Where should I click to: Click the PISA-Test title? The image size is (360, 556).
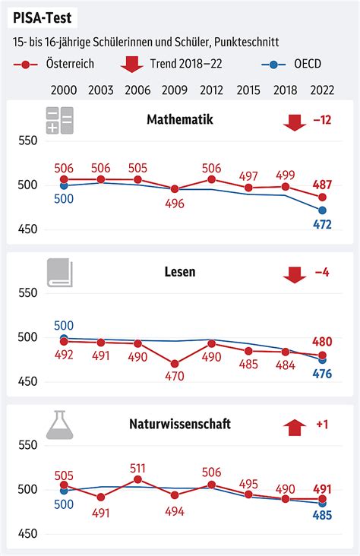(44, 17)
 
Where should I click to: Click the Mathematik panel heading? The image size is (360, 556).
(179, 120)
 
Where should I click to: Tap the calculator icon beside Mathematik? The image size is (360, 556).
(59, 120)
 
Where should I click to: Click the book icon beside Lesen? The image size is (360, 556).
(59, 272)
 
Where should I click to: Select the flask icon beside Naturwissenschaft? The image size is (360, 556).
(59, 424)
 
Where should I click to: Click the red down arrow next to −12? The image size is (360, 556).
(294, 121)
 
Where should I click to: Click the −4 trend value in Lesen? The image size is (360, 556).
(323, 272)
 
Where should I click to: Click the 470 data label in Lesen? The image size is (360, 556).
(175, 376)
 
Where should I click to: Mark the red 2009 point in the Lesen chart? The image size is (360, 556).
(175, 364)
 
